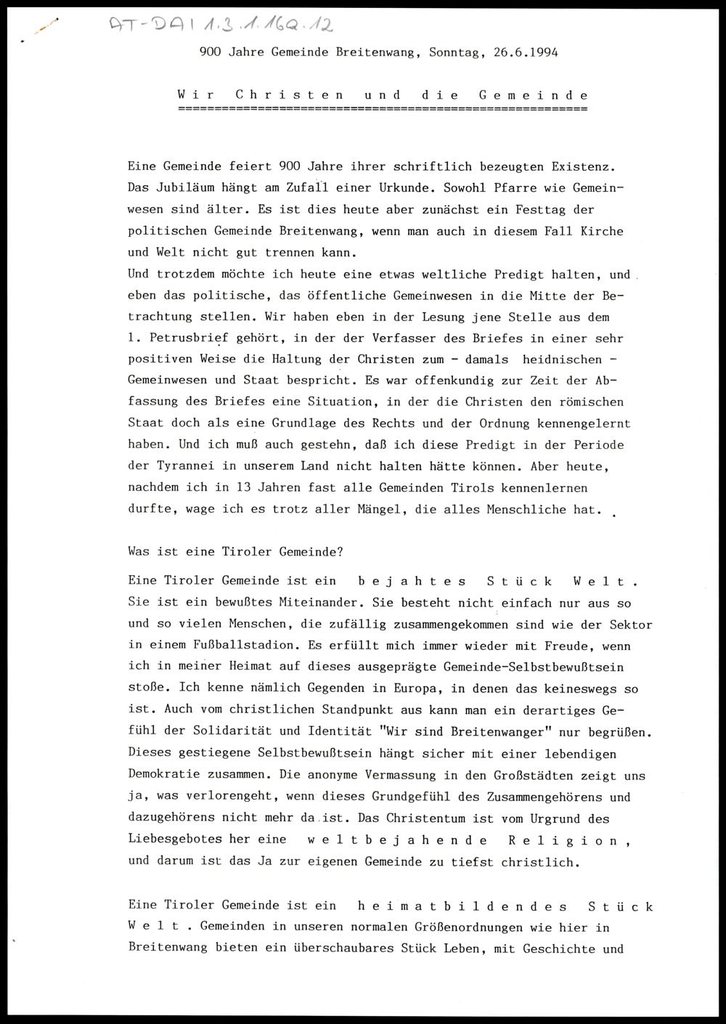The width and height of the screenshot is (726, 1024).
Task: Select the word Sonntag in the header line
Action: click(x=454, y=52)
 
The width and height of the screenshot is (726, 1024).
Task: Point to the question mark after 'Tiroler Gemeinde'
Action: click(x=340, y=551)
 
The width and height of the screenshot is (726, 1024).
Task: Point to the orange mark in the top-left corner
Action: click(x=46, y=26)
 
